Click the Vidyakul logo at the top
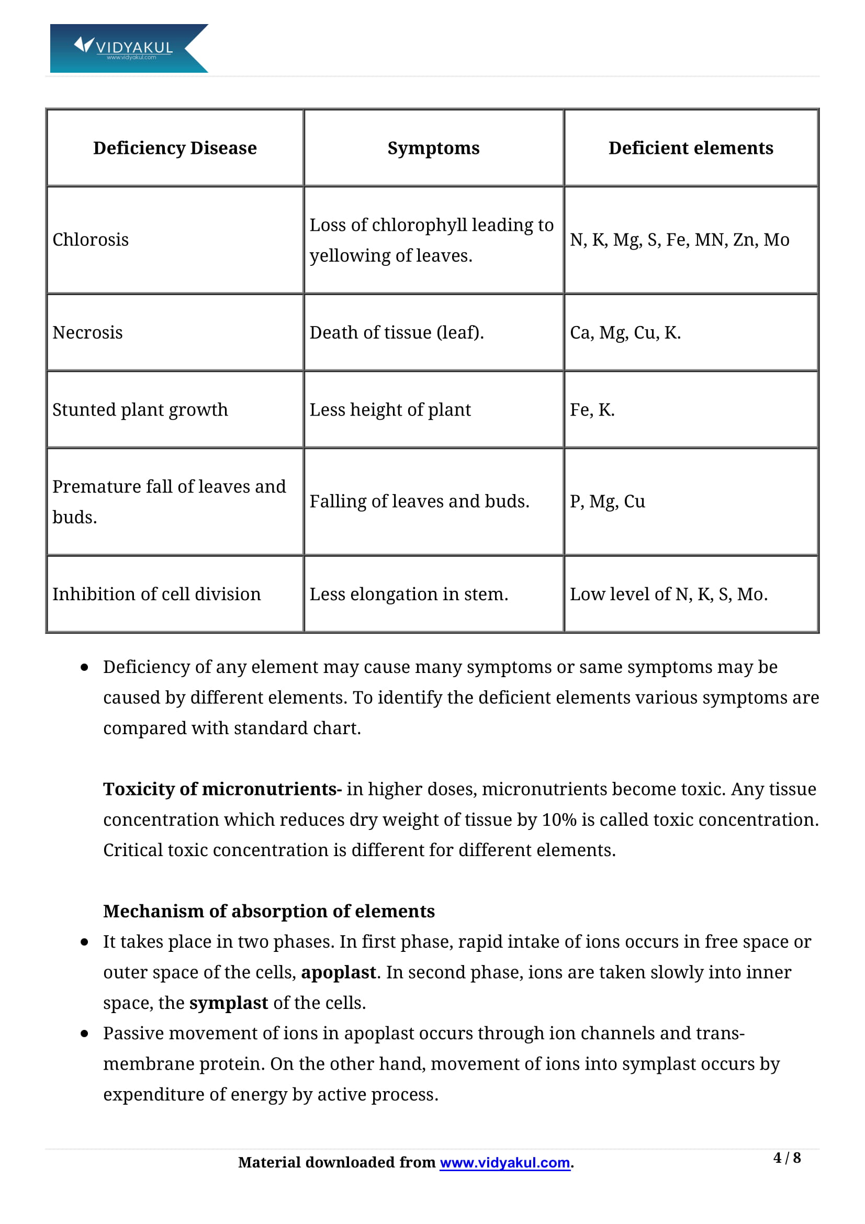[128, 48]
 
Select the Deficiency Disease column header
[175, 148]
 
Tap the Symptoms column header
[433, 148]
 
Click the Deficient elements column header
[691, 148]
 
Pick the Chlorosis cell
[91, 240]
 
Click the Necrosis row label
[87, 333]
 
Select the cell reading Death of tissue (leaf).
[397, 333]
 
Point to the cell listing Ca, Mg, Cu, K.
[625, 333]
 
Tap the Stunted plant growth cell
[140, 410]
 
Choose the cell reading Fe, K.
[592, 410]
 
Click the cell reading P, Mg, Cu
[607, 502]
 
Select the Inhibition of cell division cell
[156, 594]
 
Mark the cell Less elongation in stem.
[409, 594]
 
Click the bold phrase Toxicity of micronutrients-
[222, 789]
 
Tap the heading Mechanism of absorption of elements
[268, 911]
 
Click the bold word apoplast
[339, 972]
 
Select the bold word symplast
[229, 1003]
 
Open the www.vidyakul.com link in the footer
[505, 1162]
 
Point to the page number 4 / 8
[787, 1158]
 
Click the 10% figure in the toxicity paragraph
[559, 820]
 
